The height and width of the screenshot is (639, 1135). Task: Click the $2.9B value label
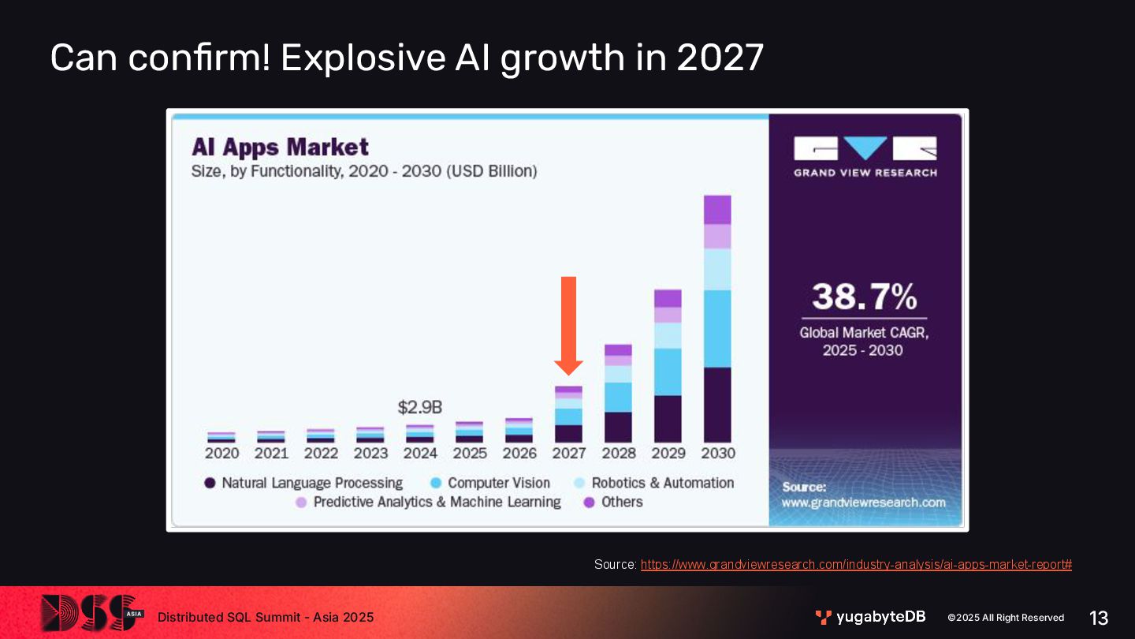tap(419, 408)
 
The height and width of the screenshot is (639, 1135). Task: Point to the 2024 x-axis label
tap(420, 454)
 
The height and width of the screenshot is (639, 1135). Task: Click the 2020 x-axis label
tap(221, 454)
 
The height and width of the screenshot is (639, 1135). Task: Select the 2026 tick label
tap(519, 454)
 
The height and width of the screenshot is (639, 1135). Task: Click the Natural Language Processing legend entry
tap(303, 483)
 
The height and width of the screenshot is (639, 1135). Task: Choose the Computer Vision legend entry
tap(489, 483)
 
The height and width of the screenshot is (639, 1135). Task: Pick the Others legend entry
tap(612, 502)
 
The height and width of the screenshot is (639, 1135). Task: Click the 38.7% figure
tap(864, 297)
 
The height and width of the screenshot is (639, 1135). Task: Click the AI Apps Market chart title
tap(281, 148)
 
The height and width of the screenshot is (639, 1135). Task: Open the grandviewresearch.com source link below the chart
tap(856, 565)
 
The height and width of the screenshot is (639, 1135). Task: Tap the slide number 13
tap(1098, 618)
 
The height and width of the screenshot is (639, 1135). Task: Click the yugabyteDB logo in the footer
tap(870, 617)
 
